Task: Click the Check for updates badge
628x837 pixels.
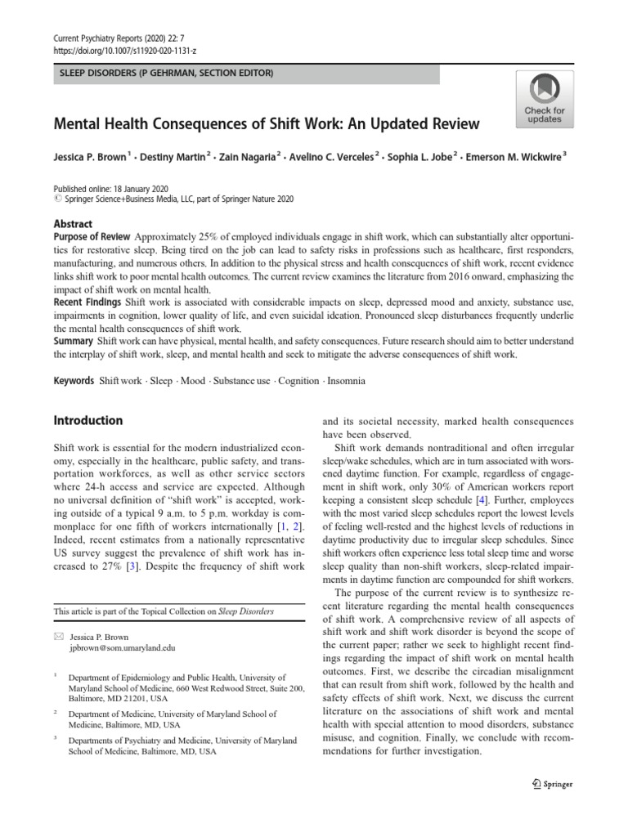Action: (544, 99)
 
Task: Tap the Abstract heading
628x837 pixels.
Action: (73, 223)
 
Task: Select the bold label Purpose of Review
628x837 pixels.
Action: (91, 237)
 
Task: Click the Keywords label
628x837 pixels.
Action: (74, 381)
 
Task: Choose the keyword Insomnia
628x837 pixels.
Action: (348, 381)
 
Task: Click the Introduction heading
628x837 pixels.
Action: (87, 421)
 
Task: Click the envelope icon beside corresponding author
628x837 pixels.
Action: (58, 635)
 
